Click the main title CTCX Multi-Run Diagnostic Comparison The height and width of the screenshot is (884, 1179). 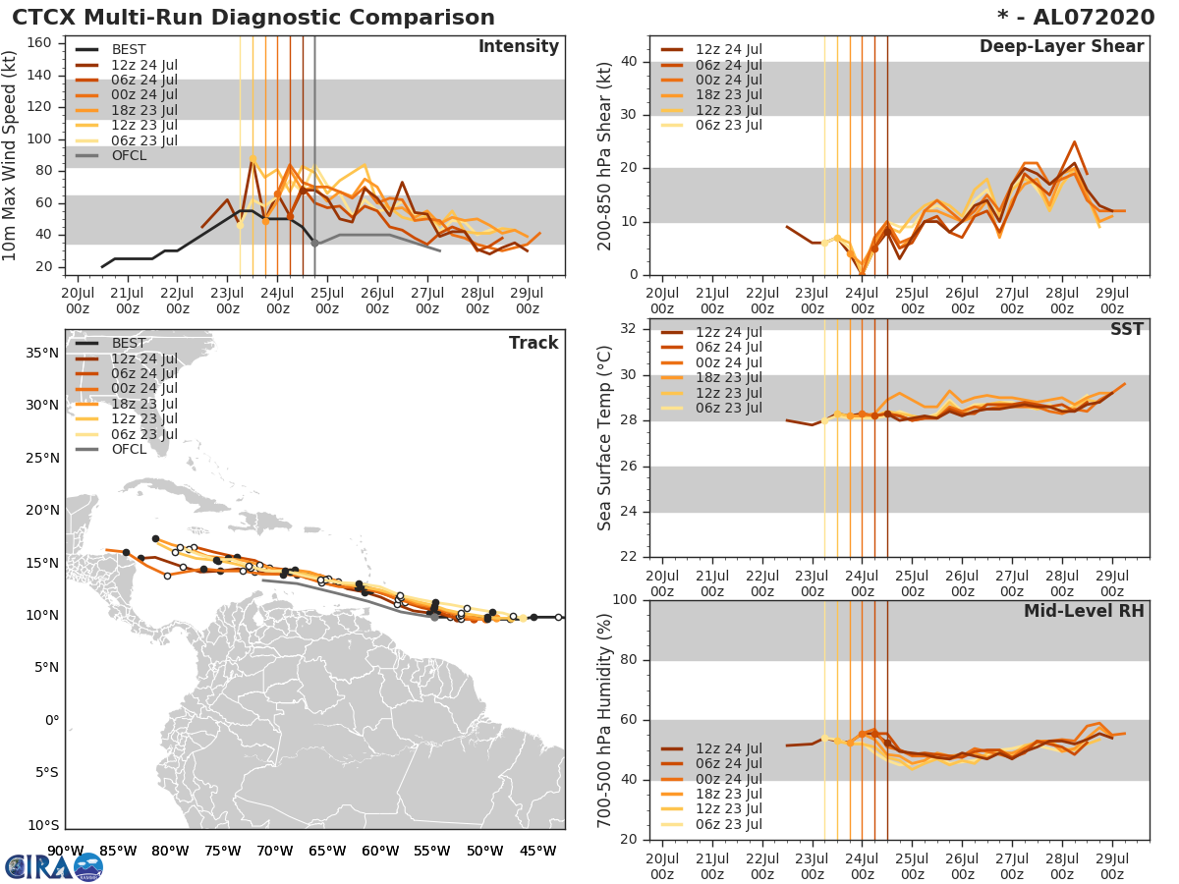253,18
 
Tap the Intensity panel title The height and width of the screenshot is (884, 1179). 518,47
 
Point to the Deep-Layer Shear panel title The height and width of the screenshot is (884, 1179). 1061,47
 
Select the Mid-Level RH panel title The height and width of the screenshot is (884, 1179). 1083,611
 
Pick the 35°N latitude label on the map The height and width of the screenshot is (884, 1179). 42,353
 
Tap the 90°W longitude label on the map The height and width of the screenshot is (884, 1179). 65,851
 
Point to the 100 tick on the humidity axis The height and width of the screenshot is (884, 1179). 627,599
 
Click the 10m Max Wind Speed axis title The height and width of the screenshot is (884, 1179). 10,157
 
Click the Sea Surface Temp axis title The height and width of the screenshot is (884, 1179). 605,437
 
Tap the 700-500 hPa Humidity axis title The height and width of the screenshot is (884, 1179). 605,719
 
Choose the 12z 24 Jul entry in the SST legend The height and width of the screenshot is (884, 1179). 727,332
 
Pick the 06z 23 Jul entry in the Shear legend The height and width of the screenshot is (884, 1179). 727,125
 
